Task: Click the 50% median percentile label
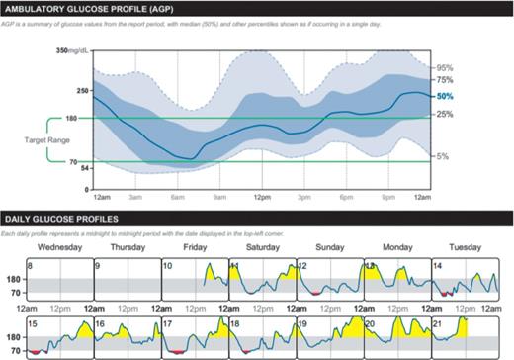[445, 97]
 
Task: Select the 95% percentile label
[445, 68]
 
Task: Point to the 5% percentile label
[445, 156]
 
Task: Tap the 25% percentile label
[445, 115]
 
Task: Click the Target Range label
[45, 141]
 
